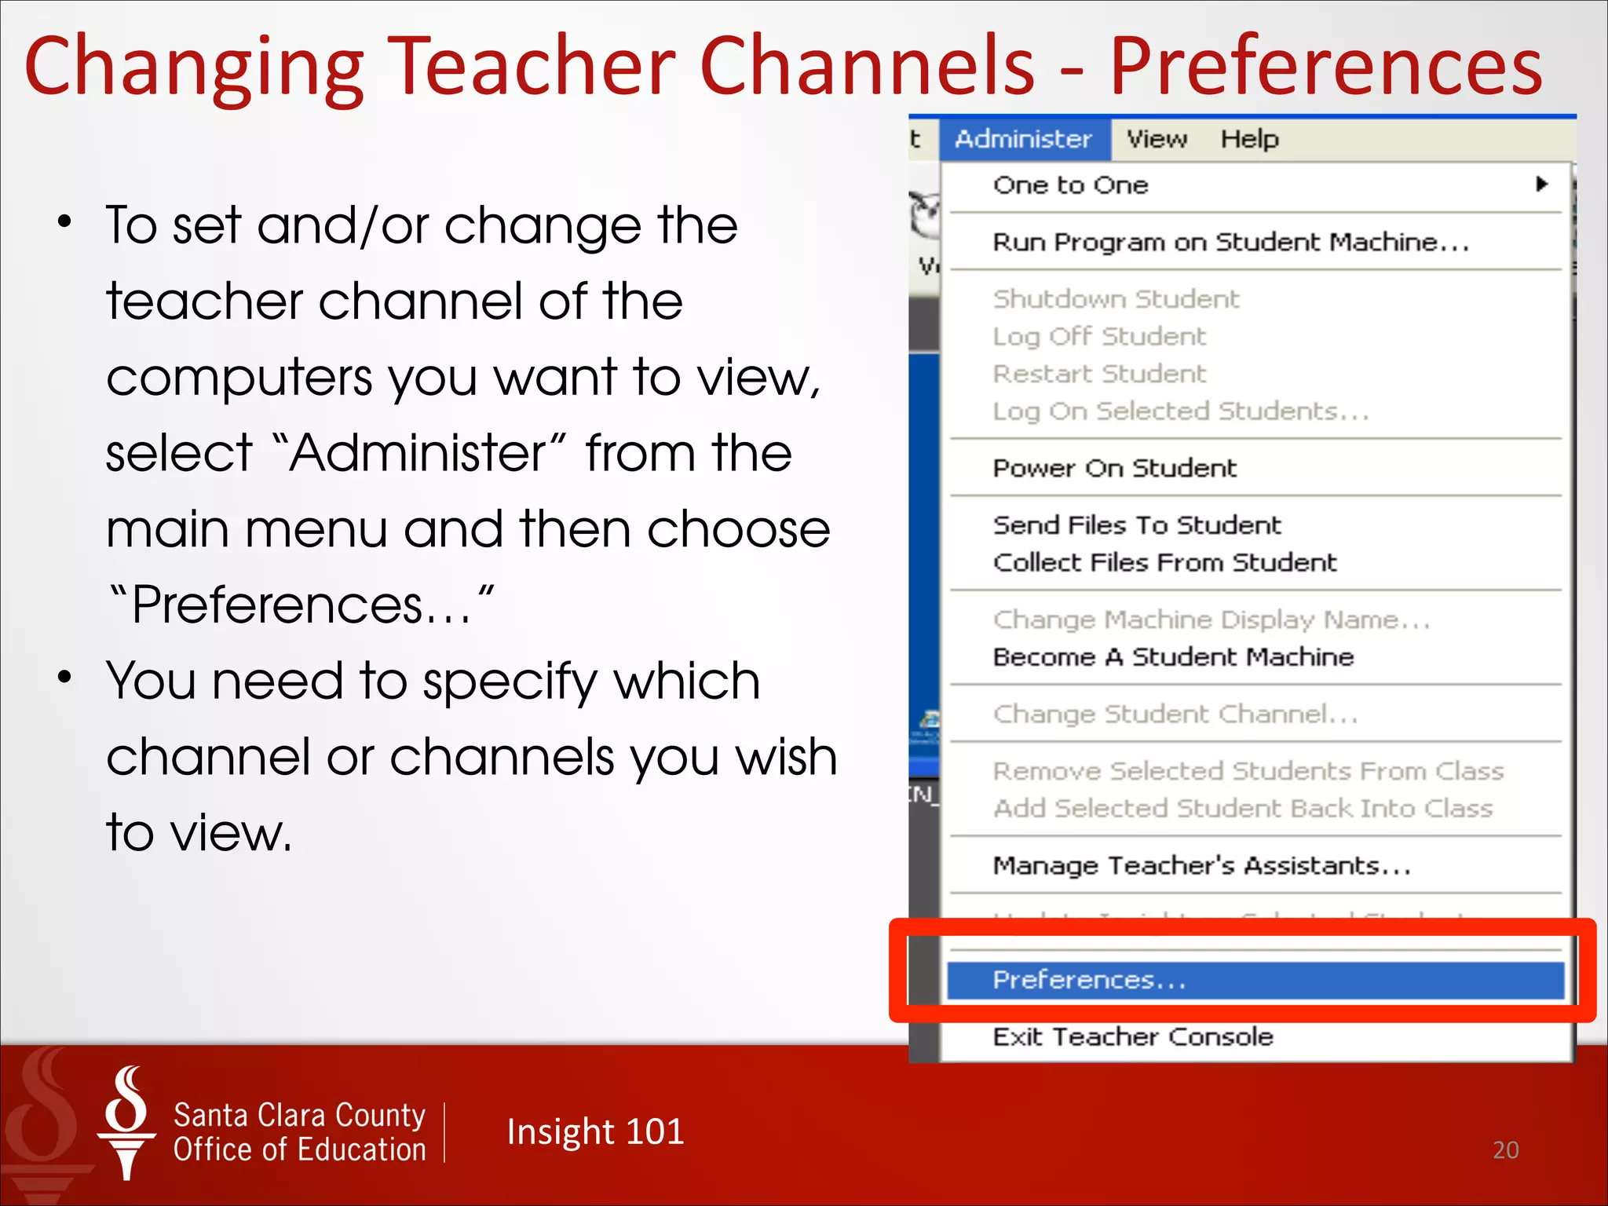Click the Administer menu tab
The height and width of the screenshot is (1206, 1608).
tap(1023, 139)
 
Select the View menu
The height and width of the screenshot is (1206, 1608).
tap(1157, 139)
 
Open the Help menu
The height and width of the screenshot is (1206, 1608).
tap(1249, 139)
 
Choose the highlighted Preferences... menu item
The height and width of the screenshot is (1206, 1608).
tap(1089, 980)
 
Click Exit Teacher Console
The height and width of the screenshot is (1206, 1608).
tap(1132, 1036)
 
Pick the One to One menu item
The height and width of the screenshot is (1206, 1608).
tap(1070, 185)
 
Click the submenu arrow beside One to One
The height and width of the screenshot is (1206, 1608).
tap(1541, 185)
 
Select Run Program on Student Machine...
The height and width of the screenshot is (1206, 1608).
tap(1230, 243)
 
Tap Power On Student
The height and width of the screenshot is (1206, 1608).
tap(1114, 468)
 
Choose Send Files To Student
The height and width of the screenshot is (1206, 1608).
tap(1136, 524)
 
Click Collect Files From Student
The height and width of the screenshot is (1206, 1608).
tap(1164, 562)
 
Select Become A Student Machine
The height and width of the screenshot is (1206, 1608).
tap(1173, 656)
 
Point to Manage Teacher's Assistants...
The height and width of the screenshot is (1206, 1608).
tap(1201, 865)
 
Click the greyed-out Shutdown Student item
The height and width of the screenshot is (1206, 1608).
tap(1116, 299)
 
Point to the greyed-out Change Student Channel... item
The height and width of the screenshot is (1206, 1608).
tap(1175, 714)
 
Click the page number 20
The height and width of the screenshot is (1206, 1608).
tap(1505, 1150)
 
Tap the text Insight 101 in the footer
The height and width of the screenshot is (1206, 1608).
tap(595, 1131)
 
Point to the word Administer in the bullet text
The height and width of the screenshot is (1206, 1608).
tap(417, 453)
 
